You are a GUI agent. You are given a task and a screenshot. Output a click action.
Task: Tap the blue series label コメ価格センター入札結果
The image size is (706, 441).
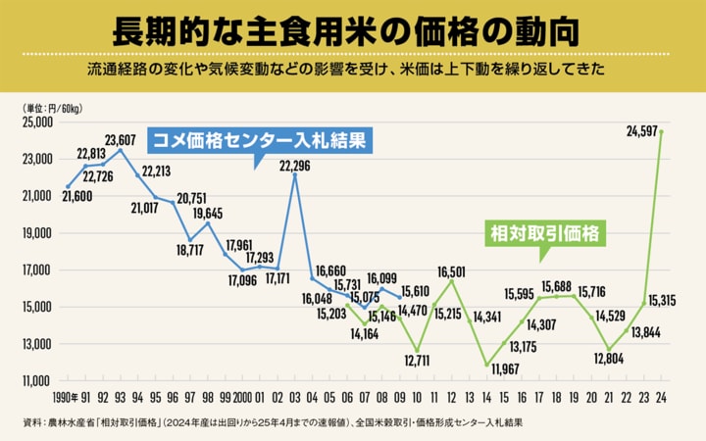tap(260, 140)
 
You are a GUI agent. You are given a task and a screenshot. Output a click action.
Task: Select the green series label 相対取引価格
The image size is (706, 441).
tap(545, 235)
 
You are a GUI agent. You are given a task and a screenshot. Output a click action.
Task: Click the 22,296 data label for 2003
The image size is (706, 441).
tap(296, 165)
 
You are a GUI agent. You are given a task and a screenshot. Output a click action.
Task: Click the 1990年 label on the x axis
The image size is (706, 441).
tap(66, 398)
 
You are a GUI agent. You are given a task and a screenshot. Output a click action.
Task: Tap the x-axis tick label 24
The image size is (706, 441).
tap(662, 398)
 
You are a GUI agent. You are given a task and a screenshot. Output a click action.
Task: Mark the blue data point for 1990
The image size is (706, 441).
tap(68, 186)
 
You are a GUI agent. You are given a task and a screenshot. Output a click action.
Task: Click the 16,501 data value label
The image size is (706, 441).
tap(451, 270)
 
